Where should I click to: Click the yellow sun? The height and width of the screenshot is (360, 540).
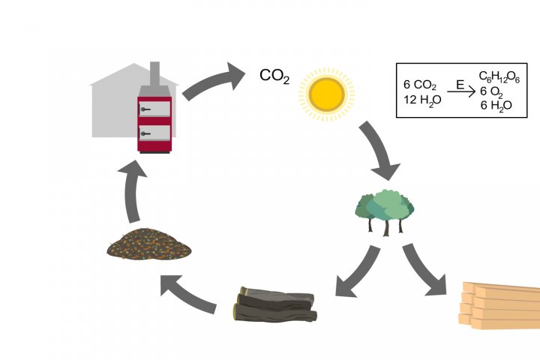[327, 93]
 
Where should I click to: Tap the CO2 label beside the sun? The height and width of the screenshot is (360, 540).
[274, 76]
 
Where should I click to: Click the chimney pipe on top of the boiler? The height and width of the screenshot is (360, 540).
[155, 75]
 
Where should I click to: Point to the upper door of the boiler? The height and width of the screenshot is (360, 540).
[154, 109]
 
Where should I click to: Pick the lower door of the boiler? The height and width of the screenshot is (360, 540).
[154, 133]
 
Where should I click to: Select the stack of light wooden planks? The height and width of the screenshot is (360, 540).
[499, 305]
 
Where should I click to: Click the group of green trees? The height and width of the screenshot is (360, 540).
[385, 210]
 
